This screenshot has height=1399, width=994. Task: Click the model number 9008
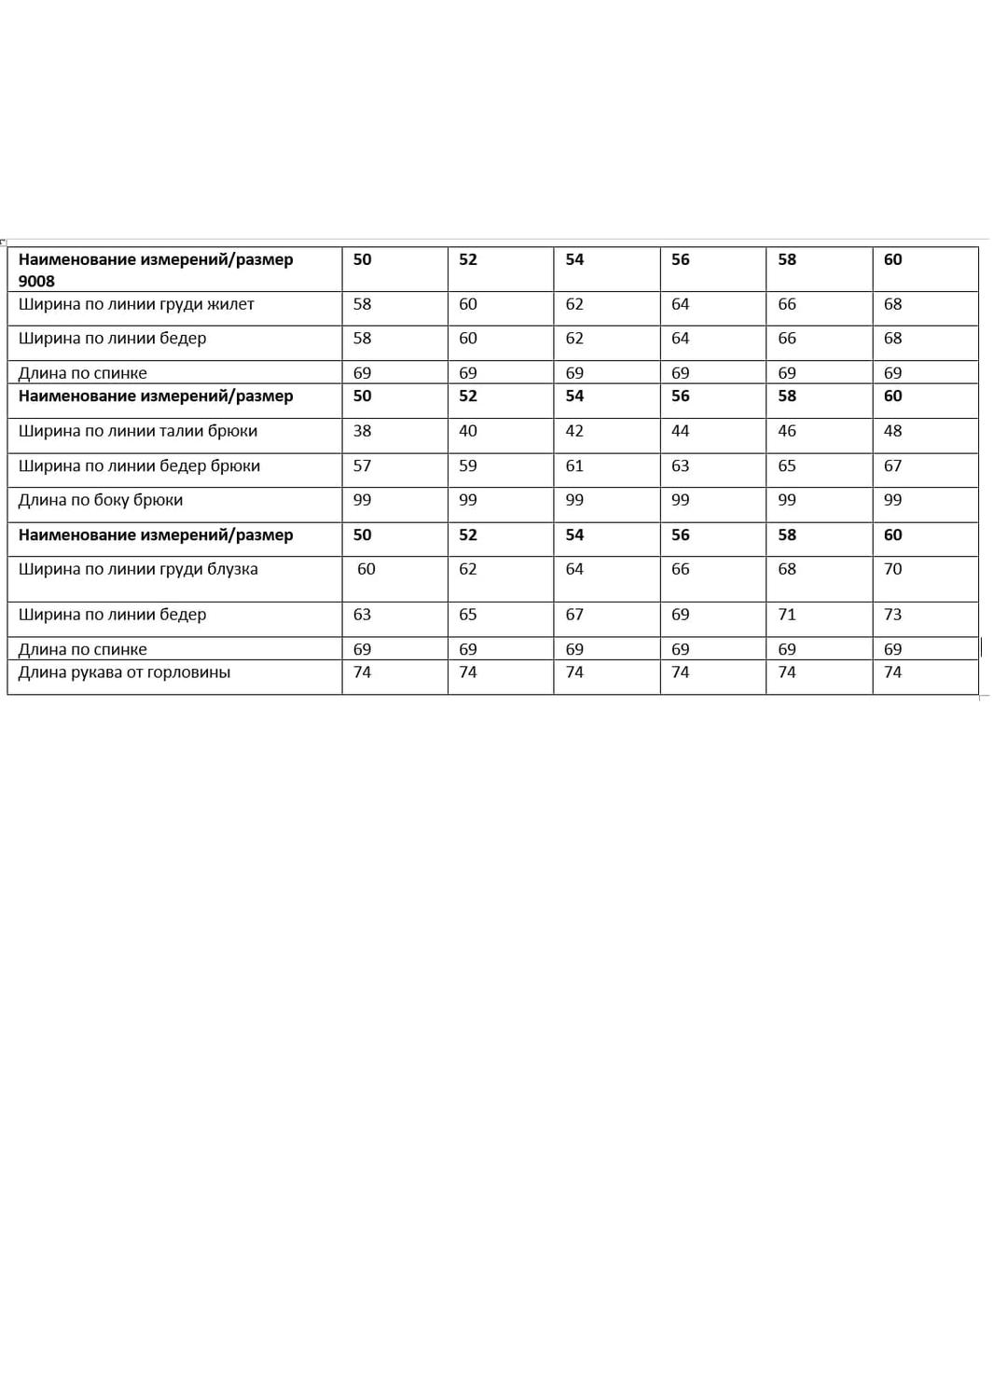[36, 281]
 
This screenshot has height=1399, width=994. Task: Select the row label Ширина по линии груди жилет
[136, 304]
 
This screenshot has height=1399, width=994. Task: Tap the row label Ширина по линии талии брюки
[138, 431]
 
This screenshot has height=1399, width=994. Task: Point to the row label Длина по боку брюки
[101, 500]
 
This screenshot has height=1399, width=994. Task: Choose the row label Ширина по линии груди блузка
[138, 569]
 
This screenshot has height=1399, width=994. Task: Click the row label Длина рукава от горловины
[124, 672]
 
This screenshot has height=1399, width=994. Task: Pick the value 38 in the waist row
[362, 431]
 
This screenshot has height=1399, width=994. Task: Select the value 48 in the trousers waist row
[892, 431]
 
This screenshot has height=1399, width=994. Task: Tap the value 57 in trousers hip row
[362, 465]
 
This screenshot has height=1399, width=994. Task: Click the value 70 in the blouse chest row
[892, 569]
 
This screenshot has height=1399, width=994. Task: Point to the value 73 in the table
[892, 615]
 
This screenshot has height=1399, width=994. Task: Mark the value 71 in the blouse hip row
[787, 615]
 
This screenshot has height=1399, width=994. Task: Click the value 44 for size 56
[681, 431]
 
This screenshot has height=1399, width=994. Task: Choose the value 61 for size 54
[574, 465]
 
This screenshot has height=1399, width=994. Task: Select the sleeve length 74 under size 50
[362, 672]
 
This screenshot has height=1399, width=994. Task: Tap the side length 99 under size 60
[892, 500]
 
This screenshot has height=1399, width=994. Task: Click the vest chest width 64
[681, 304]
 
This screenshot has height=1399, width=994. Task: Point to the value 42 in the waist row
[574, 431]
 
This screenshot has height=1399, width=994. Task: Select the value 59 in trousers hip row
[468, 465]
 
